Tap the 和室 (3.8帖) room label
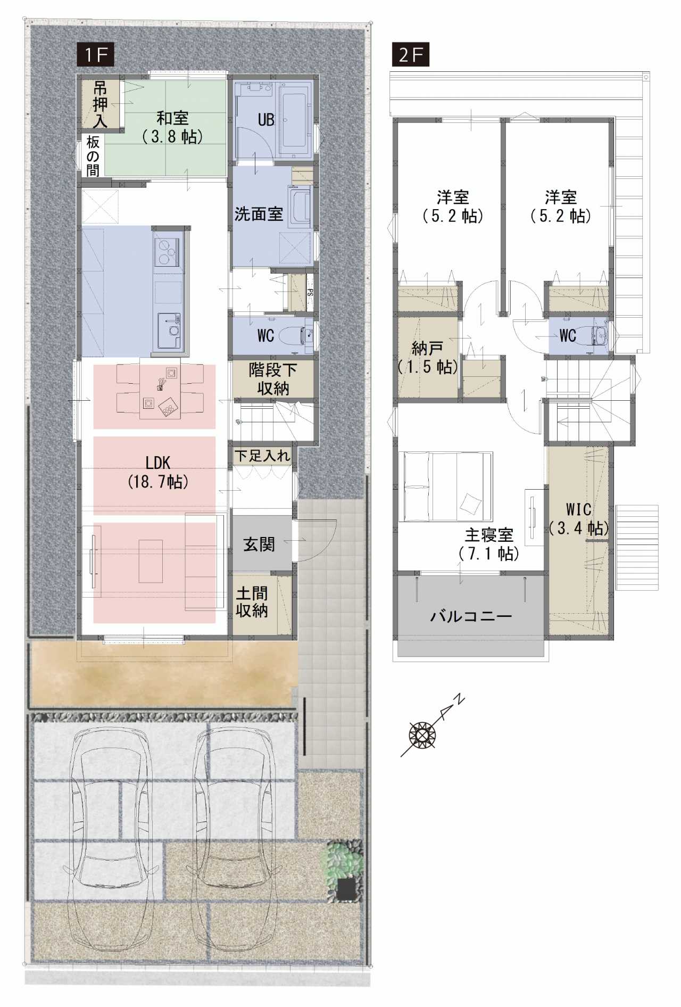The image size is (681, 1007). point(172,127)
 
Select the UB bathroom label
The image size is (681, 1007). point(266,120)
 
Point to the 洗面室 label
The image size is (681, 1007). point(259,214)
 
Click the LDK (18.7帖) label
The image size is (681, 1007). point(158,472)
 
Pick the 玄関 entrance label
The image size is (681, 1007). point(259,544)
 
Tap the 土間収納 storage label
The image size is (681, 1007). point(252,602)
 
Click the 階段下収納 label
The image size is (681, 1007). point(273,379)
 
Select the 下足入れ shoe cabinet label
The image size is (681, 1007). point(263,456)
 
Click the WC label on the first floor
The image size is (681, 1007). point(265,335)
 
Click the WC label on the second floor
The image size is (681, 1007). point(568,335)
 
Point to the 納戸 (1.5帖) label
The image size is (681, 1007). point(428,358)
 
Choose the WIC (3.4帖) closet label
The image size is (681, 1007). point(578,518)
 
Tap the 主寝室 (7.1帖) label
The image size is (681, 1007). point(489,544)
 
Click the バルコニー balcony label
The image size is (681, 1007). point(471,616)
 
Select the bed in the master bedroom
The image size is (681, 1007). point(448,486)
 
